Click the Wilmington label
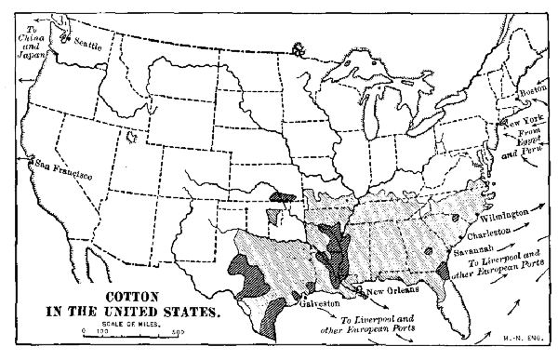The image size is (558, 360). [508, 213]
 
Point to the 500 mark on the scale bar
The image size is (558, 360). [177, 333]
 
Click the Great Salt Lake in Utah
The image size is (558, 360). [131, 139]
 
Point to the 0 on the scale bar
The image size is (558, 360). [83, 333]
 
